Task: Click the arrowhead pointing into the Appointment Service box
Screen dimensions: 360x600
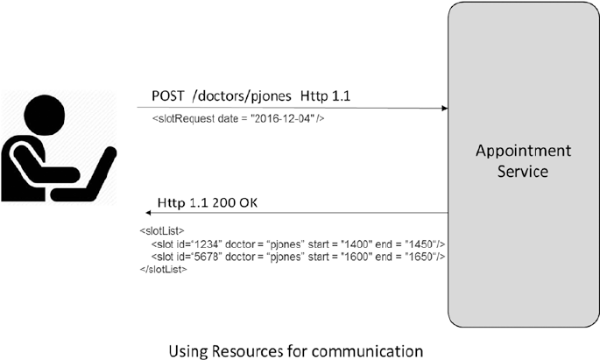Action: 444,109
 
